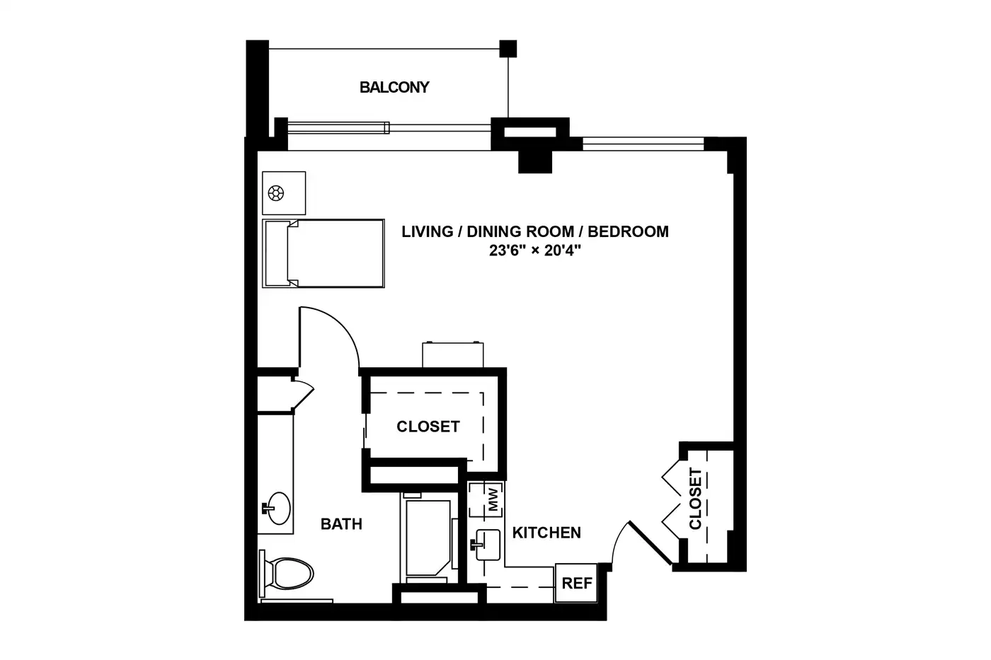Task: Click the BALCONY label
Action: (394, 87)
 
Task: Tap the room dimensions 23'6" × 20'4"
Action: (535, 250)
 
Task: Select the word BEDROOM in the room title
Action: (629, 231)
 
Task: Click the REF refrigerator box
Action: (576, 583)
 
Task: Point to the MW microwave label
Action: (493, 499)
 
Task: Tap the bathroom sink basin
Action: (277, 508)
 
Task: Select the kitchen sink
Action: (486, 545)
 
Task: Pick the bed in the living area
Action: (323, 253)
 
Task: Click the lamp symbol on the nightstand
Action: (276, 193)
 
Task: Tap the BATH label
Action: (341, 524)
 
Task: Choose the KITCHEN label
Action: (546, 533)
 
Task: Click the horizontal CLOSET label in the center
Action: (428, 427)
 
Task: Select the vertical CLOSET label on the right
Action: (695, 499)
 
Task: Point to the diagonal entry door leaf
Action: (651, 543)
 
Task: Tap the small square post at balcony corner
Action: (508, 49)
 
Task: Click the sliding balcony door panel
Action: (338, 128)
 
